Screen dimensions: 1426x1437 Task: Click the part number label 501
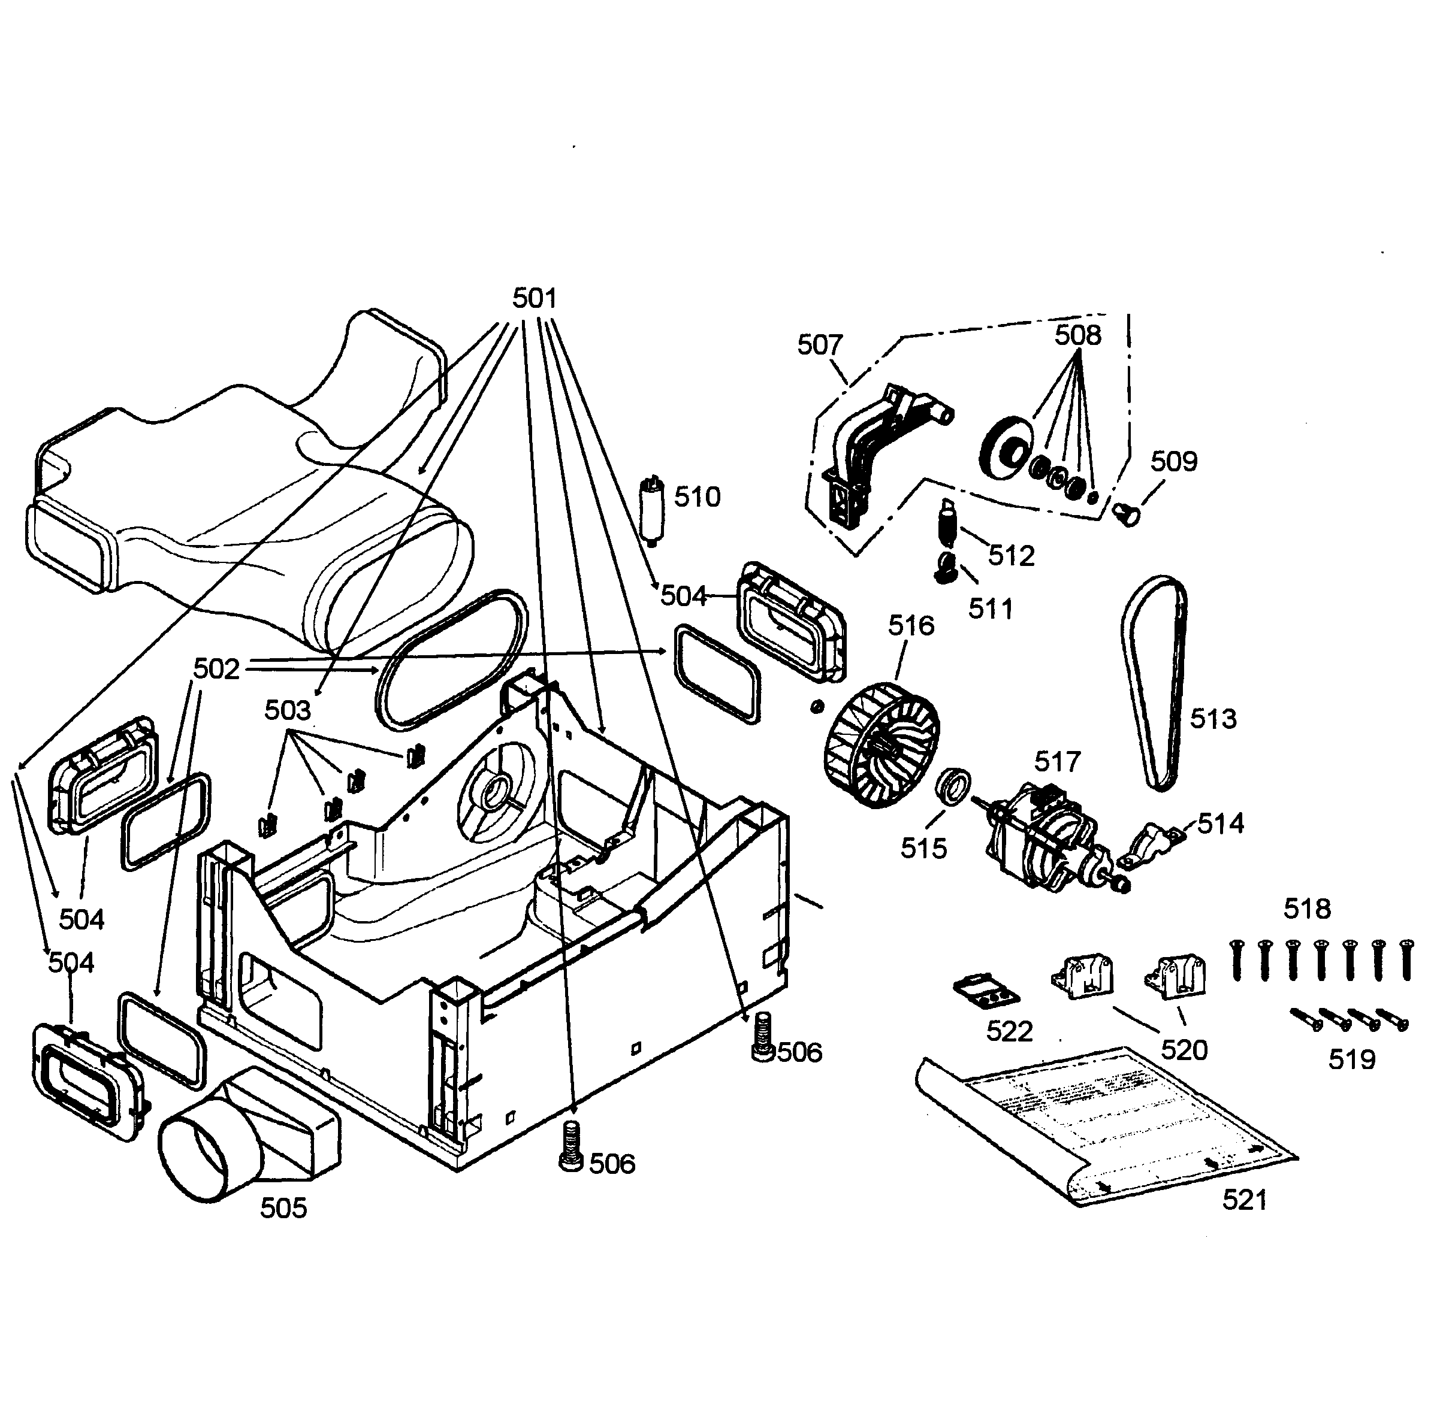(x=534, y=298)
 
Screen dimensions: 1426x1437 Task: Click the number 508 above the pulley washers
(x=1077, y=335)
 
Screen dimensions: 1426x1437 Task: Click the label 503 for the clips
(x=287, y=711)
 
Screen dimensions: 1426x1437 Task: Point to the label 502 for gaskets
(x=216, y=669)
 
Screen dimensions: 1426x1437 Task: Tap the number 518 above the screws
(x=1308, y=909)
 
